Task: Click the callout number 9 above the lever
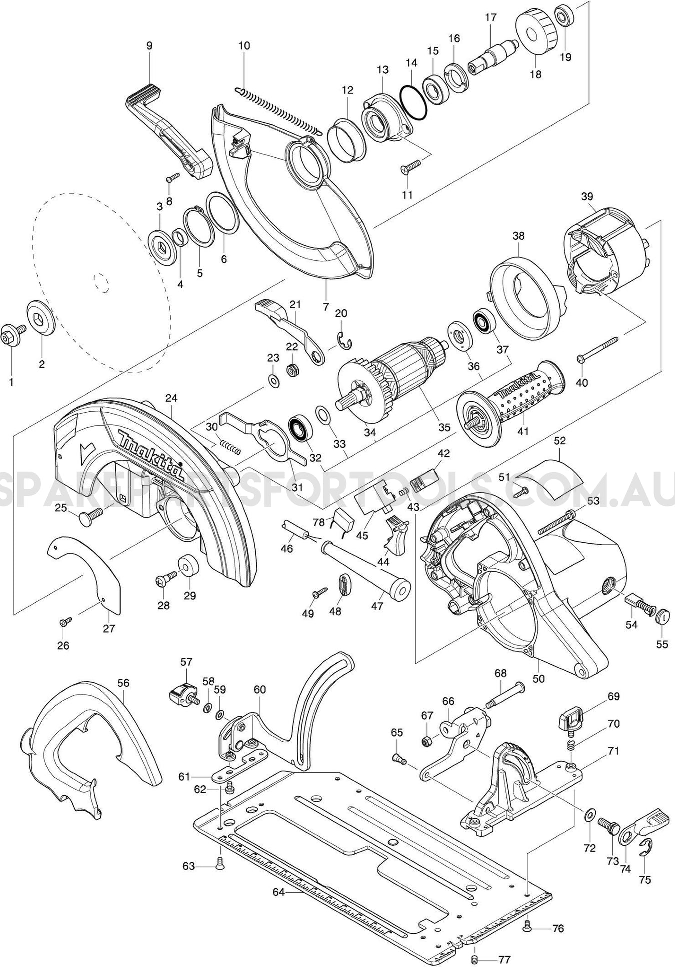tap(149, 45)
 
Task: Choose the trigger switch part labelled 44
tap(395, 536)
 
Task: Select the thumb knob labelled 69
tap(570, 721)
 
